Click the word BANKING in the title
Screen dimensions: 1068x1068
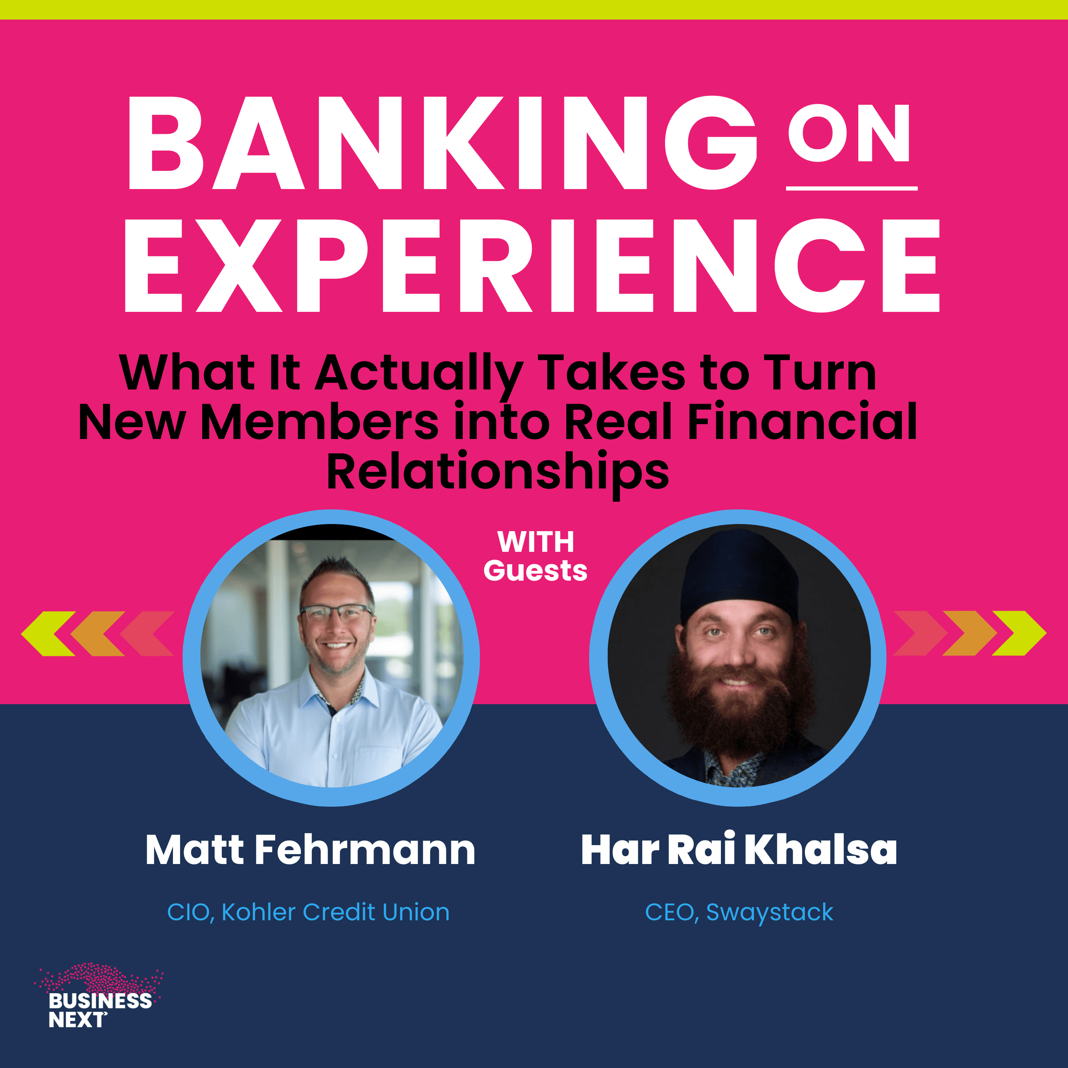tap(441, 143)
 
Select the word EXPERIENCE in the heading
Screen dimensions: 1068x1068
tap(532, 265)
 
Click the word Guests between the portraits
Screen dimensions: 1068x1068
tap(535, 570)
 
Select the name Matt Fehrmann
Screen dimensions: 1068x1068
tap(310, 850)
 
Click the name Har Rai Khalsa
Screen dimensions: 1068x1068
tap(739, 850)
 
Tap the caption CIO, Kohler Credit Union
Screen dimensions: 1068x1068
tap(308, 912)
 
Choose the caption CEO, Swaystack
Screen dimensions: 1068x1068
tap(739, 912)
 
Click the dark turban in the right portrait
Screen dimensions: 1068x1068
tap(739, 572)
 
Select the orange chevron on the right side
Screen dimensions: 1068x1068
tap(968, 634)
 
